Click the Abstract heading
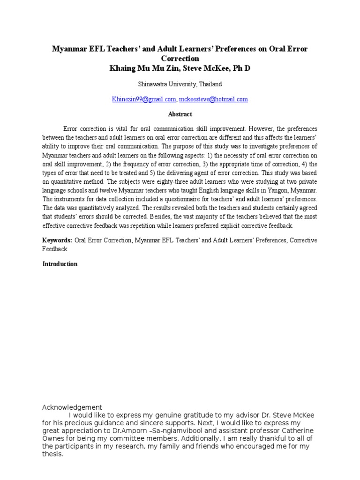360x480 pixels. point(180,114)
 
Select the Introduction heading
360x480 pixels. point(60,264)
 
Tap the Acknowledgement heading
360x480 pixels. point(72,407)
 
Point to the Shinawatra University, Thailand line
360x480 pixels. point(180,84)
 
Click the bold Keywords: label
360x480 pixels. point(57,240)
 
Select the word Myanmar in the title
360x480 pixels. point(70,49)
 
